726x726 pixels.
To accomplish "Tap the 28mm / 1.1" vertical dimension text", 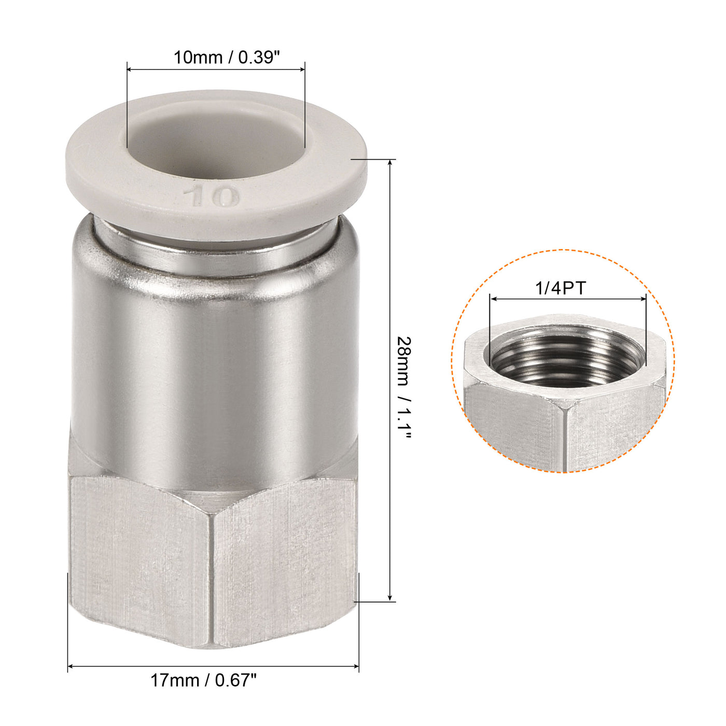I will click(x=404, y=388).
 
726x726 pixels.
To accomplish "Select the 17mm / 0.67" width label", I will click(x=203, y=680).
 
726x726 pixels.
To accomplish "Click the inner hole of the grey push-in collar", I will click(x=215, y=150).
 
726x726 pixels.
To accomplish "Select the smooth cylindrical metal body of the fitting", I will click(x=215, y=363).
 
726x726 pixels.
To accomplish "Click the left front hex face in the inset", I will click(x=513, y=425).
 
